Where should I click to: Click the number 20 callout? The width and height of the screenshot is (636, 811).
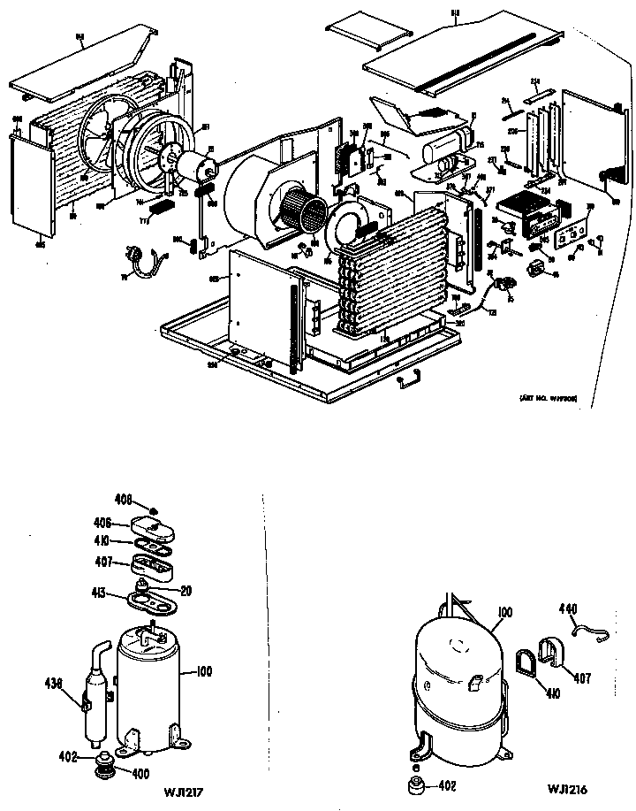(x=186, y=591)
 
